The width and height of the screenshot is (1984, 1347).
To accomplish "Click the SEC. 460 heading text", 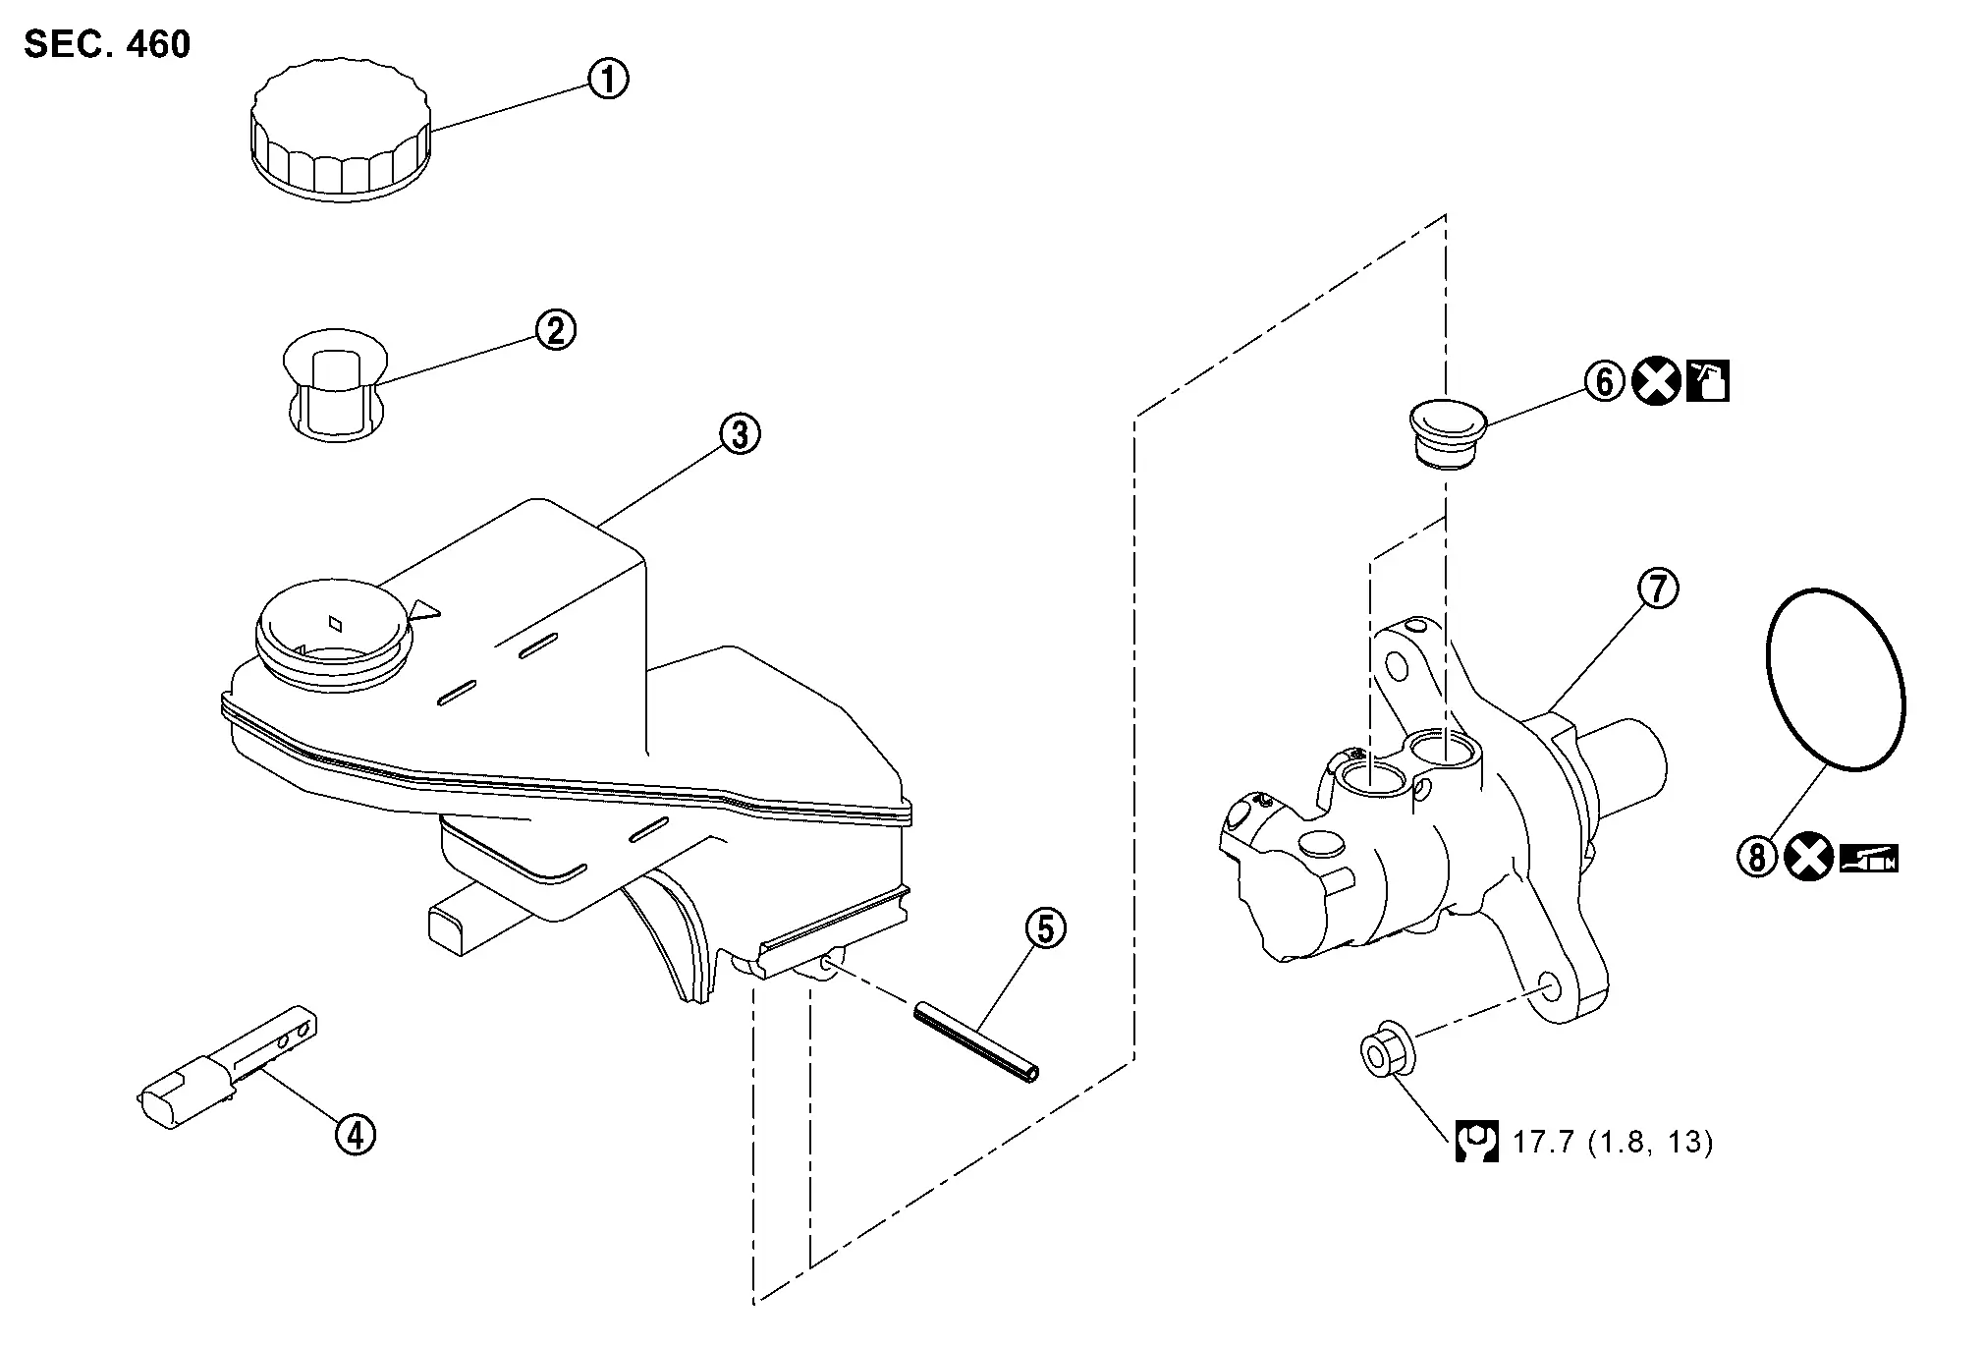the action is click(107, 44).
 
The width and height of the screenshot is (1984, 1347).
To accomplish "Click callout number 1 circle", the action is click(608, 79).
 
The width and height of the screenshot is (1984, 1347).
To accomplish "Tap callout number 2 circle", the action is click(555, 330).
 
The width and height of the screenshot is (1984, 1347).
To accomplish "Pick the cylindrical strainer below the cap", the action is click(333, 385).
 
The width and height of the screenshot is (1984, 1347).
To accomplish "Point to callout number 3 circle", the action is click(740, 433).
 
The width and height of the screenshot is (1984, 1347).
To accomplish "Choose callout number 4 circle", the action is click(356, 1136).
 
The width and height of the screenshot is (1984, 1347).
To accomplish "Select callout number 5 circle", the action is click(1045, 928).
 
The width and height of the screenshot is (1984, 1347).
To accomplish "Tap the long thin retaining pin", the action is click(976, 1041).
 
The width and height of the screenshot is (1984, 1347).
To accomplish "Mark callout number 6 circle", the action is click(1604, 381).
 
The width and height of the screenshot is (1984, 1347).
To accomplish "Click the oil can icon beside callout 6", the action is click(1708, 381).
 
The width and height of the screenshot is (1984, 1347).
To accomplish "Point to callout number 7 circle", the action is click(1658, 589).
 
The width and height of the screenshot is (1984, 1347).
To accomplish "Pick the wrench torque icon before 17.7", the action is click(1476, 1142).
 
